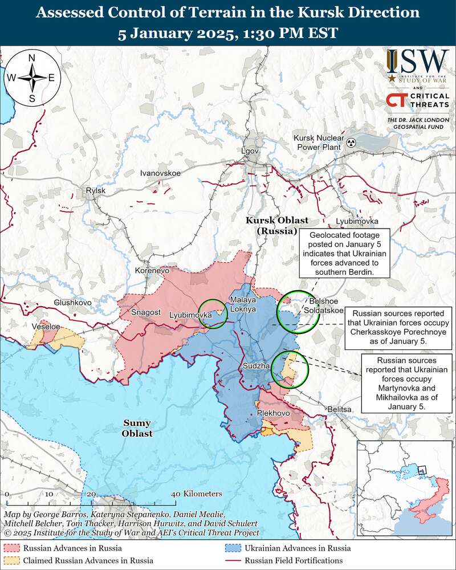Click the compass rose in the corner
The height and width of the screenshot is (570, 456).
[32, 78]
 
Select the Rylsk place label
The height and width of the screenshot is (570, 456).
[95, 190]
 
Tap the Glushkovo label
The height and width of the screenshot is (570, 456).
[72, 302]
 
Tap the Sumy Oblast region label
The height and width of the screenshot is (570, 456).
[137, 428]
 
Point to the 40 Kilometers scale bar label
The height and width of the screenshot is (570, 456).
[197, 494]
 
